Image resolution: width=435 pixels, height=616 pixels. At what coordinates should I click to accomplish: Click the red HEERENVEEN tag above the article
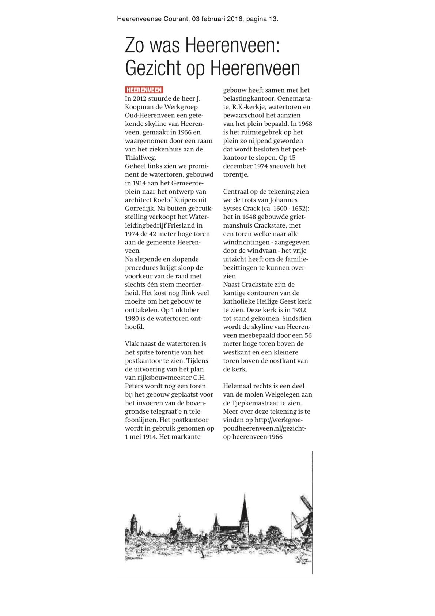pyautogui.click(x=144, y=90)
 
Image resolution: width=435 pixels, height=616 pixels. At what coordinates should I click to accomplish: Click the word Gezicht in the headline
pyautogui.click(x=153, y=68)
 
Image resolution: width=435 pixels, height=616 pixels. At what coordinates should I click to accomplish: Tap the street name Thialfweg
pyautogui.click(x=140, y=158)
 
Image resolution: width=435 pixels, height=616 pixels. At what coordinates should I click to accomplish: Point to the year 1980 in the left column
pyautogui.click(x=132, y=318)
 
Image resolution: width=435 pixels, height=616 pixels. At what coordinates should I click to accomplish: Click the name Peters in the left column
pyautogui.click(x=135, y=386)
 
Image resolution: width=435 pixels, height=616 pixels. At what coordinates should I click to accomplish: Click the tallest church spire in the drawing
pyautogui.click(x=245, y=508)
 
